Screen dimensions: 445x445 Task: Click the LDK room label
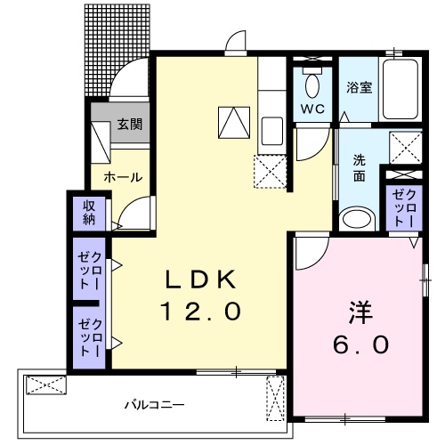pyautogui.click(x=199, y=279)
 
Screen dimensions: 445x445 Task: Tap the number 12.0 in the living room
pyautogui.click(x=199, y=311)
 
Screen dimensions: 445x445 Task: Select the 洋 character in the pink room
pyautogui.click(x=360, y=313)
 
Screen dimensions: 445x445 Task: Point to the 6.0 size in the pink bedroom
pyautogui.click(x=360, y=344)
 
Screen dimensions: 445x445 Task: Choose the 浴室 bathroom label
pyautogui.click(x=359, y=87)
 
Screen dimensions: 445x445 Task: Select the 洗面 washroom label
pyautogui.click(x=359, y=168)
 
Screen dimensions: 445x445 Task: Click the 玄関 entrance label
pyautogui.click(x=129, y=125)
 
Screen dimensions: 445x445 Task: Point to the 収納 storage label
pyautogui.click(x=89, y=214)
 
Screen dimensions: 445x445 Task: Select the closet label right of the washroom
pyautogui.click(x=404, y=207)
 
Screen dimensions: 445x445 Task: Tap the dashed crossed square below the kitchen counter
pyautogui.click(x=271, y=171)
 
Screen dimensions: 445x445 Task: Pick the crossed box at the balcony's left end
pyautogui.click(x=45, y=384)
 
